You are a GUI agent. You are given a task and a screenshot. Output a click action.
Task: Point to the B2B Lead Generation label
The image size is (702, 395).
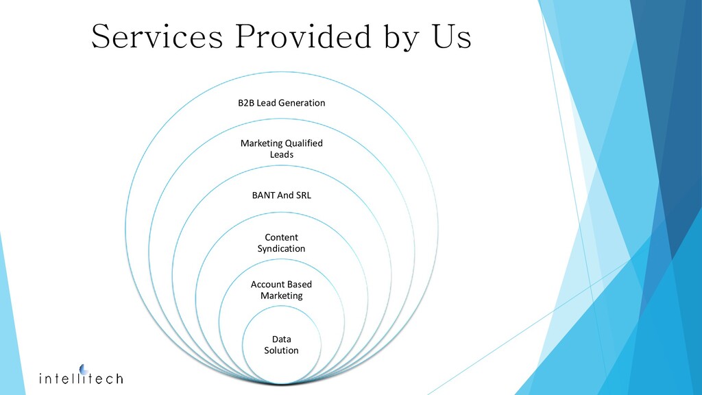281,103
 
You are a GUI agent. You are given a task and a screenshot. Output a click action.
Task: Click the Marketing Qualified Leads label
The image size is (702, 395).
281,149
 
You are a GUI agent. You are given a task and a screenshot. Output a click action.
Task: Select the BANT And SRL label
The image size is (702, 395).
281,195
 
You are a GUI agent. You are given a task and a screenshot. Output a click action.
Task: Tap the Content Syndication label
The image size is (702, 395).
281,243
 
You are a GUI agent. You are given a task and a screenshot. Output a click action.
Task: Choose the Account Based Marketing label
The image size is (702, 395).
281,290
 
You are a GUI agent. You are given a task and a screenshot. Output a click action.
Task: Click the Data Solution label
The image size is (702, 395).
281,345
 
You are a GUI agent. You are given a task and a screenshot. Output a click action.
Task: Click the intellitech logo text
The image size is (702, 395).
81,378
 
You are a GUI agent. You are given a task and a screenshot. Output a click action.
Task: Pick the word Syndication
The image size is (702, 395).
281,249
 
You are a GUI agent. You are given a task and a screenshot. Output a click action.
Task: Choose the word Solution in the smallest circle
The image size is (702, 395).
281,350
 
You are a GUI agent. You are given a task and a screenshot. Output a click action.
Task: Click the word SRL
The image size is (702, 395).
302,195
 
